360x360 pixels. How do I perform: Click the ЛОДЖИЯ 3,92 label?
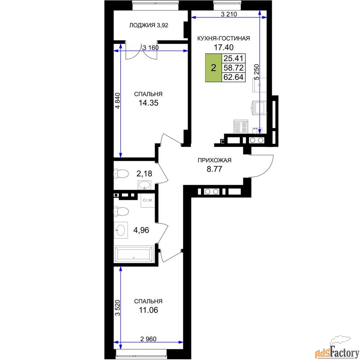pyautogui.click(x=149, y=25)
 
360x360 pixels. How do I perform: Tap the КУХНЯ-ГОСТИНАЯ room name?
pyautogui.click(x=224, y=39)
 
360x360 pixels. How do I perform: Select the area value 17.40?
pyautogui.click(x=224, y=47)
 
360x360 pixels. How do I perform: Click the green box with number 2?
pyautogui.click(x=213, y=68)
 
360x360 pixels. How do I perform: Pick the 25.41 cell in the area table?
pyautogui.click(x=233, y=58)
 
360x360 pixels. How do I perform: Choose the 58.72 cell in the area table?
pyautogui.click(x=233, y=68)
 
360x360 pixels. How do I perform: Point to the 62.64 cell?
pyautogui.click(x=233, y=77)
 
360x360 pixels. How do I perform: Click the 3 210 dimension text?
pyautogui.click(x=229, y=14)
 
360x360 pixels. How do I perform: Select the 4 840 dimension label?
pyautogui.click(x=117, y=100)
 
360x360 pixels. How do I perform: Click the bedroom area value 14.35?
pyautogui.click(x=148, y=103)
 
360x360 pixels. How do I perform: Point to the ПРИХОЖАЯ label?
pyautogui.click(x=215, y=160)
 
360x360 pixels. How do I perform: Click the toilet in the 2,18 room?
pyautogui.click(x=121, y=174)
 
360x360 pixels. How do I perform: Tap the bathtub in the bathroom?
pyautogui.click(x=134, y=254)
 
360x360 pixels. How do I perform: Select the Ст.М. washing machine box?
pyautogui.click(x=148, y=201)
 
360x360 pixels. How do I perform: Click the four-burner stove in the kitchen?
pyautogui.click(x=241, y=126)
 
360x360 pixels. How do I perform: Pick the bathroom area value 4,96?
pyautogui.click(x=141, y=230)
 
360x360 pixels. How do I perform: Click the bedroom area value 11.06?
pyautogui.click(x=148, y=310)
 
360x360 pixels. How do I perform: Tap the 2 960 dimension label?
pyautogui.click(x=148, y=339)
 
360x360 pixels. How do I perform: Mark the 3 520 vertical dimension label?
pyautogui.click(x=117, y=308)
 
